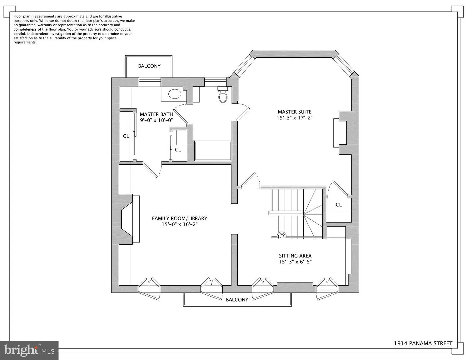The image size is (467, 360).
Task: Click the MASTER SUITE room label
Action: tap(294, 112)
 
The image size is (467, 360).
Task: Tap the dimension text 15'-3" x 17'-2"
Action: tap(294, 118)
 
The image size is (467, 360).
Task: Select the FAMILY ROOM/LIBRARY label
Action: tap(179, 218)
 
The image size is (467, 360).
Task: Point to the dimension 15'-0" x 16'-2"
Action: tap(179, 224)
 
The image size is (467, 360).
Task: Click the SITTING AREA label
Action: tap(295, 256)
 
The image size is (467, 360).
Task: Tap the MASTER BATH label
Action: tap(156, 114)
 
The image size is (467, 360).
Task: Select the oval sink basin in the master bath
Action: tap(175, 93)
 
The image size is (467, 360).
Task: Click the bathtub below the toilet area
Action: tap(213, 151)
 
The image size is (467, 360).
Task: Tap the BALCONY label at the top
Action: tap(149, 66)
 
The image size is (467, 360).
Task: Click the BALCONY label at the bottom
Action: tap(237, 300)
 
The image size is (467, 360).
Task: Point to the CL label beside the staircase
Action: tap(339, 205)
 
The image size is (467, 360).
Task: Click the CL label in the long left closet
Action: tap(126, 136)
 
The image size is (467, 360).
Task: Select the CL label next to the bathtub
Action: tap(178, 150)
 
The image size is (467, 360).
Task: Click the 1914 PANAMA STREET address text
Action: tap(423, 343)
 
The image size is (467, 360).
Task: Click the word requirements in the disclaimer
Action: tap(25, 42)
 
